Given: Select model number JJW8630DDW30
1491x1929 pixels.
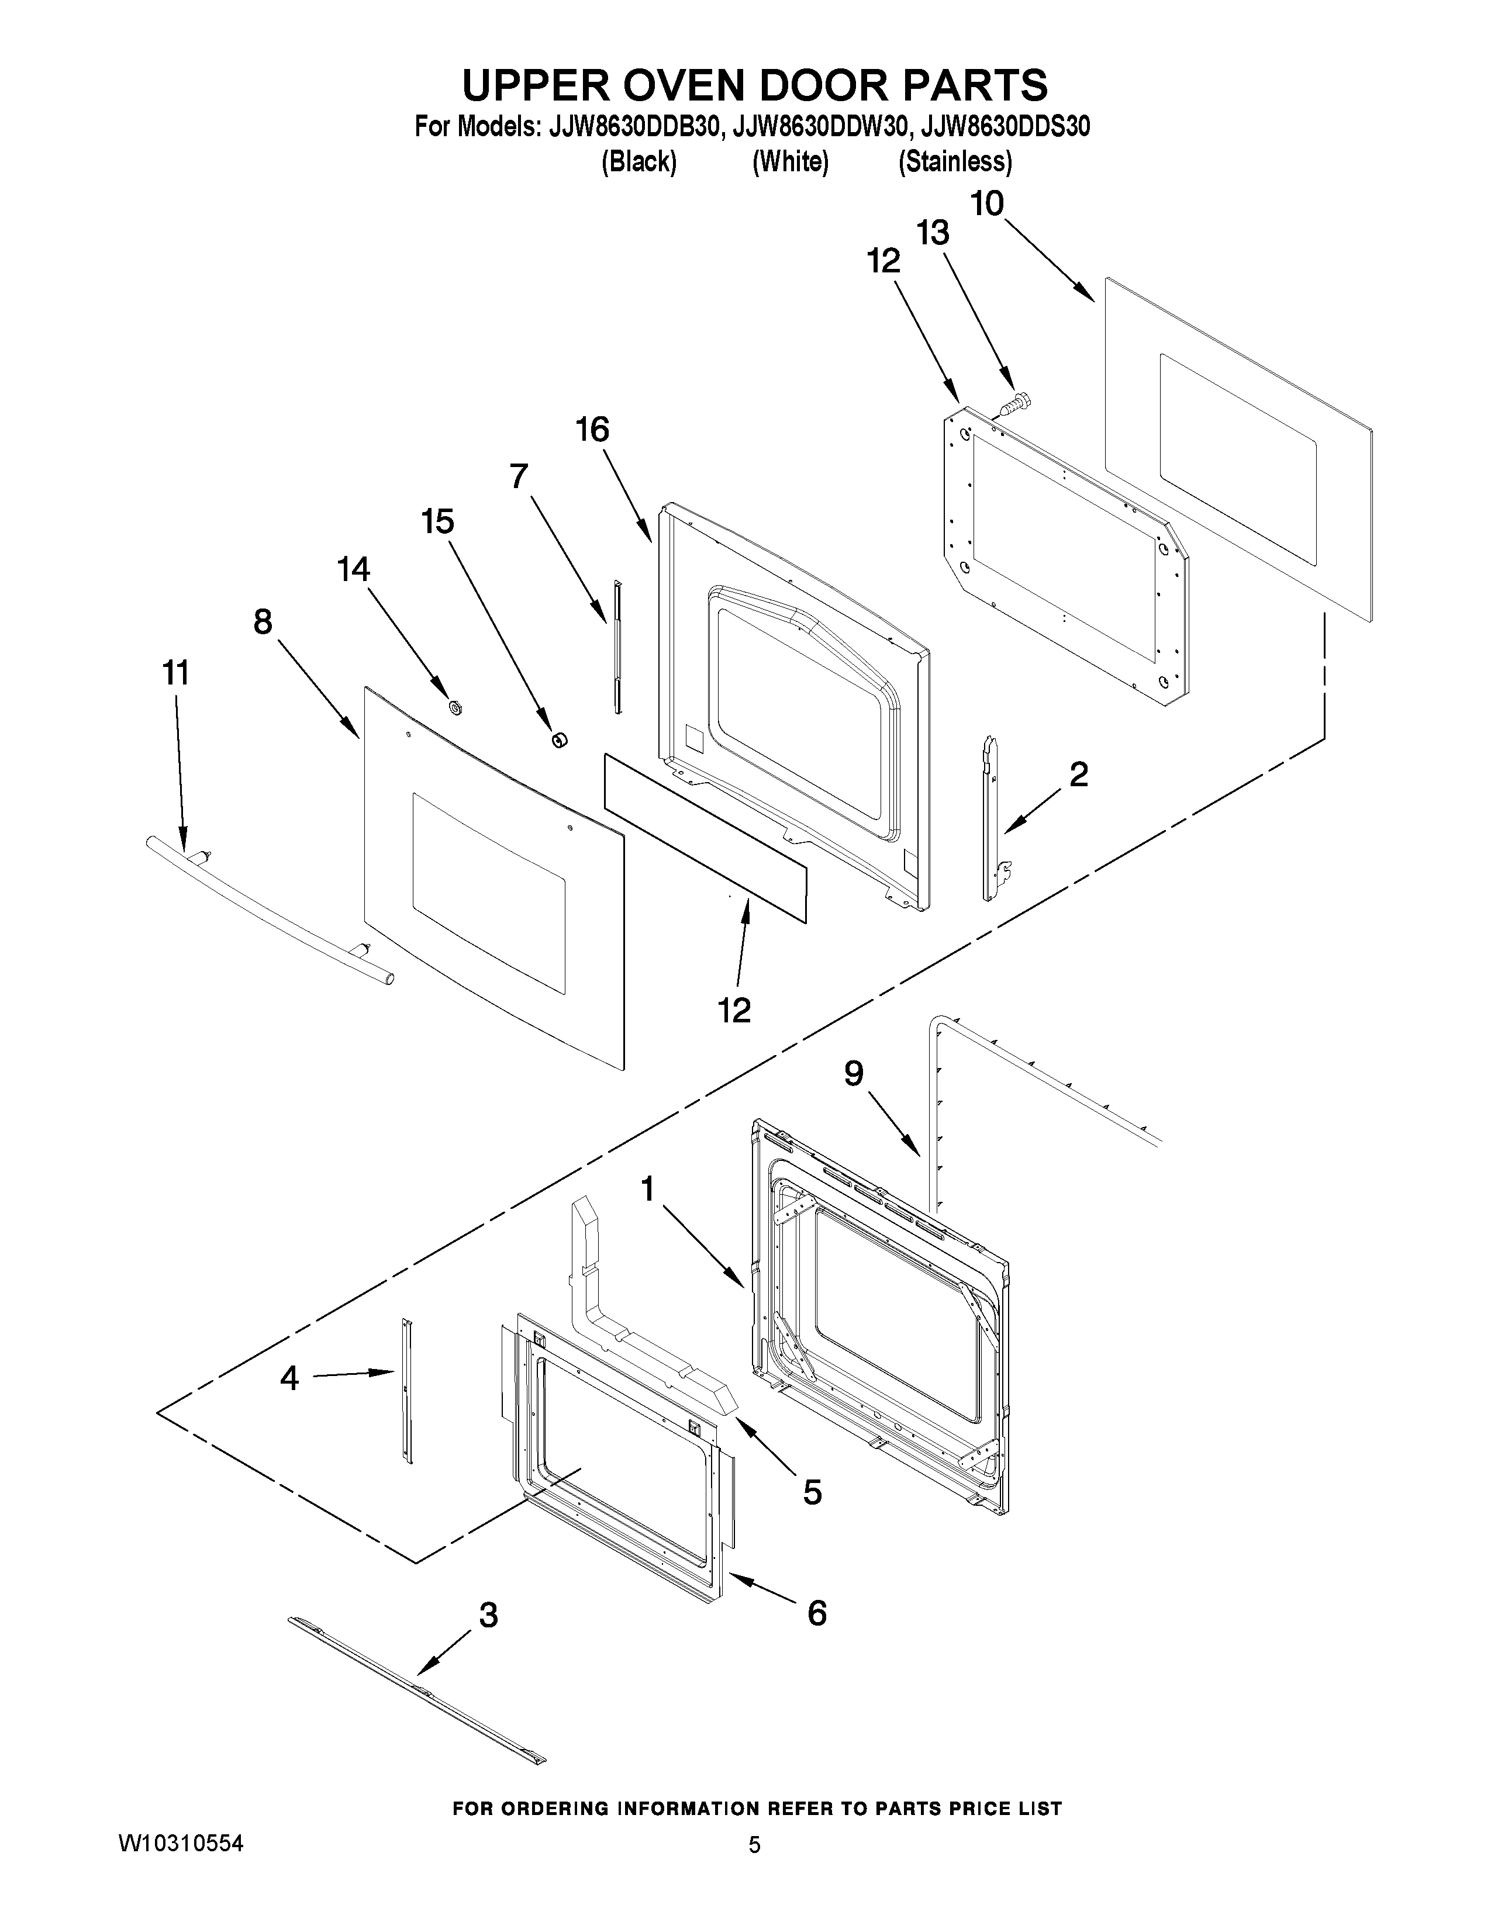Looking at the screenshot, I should [x=820, y=127].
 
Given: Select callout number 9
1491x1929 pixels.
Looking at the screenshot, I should [x=853, y=1073].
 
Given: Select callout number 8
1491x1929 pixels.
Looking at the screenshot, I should [x=263, y=622].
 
